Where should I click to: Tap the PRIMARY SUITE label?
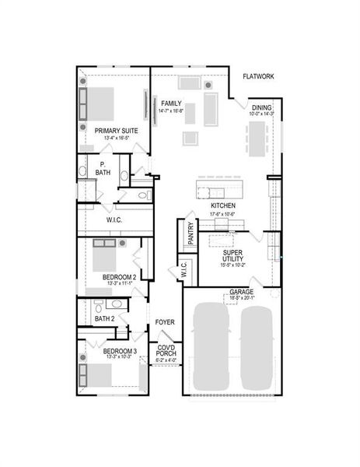tap(117, 131)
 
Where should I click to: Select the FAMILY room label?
tap(170, 103)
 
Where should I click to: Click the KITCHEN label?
tap(223, 206)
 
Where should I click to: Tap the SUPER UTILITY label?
tap(233, 256)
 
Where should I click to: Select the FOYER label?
tap(164, 321)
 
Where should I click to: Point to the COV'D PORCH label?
tap(166, 351)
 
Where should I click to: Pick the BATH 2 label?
tap(105, 318)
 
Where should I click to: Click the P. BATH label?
tap(103, 168)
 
